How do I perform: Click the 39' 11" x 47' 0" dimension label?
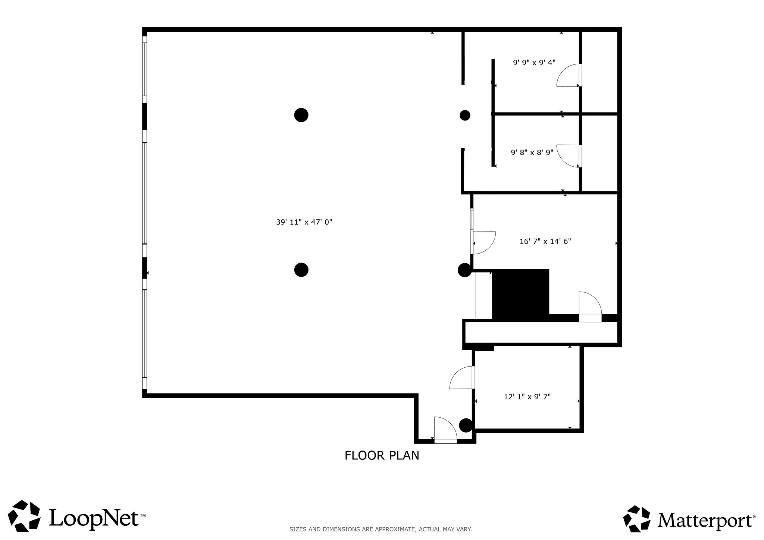point(304,222)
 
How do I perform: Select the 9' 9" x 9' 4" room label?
point(534,63)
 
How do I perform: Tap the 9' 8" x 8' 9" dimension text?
point(532,152)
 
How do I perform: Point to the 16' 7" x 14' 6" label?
point(545,241)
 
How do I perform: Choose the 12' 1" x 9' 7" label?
point(527,397)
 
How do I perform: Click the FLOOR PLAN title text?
point(382,456)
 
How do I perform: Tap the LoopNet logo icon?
point(24,516)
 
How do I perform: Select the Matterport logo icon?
point(637,519)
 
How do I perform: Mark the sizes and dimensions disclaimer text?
point(381,529)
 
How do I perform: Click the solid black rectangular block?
point(520,295)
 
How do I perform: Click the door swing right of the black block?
point(590,304)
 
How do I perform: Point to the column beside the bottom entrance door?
point(466,425)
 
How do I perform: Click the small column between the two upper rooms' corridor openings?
point(465,116)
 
